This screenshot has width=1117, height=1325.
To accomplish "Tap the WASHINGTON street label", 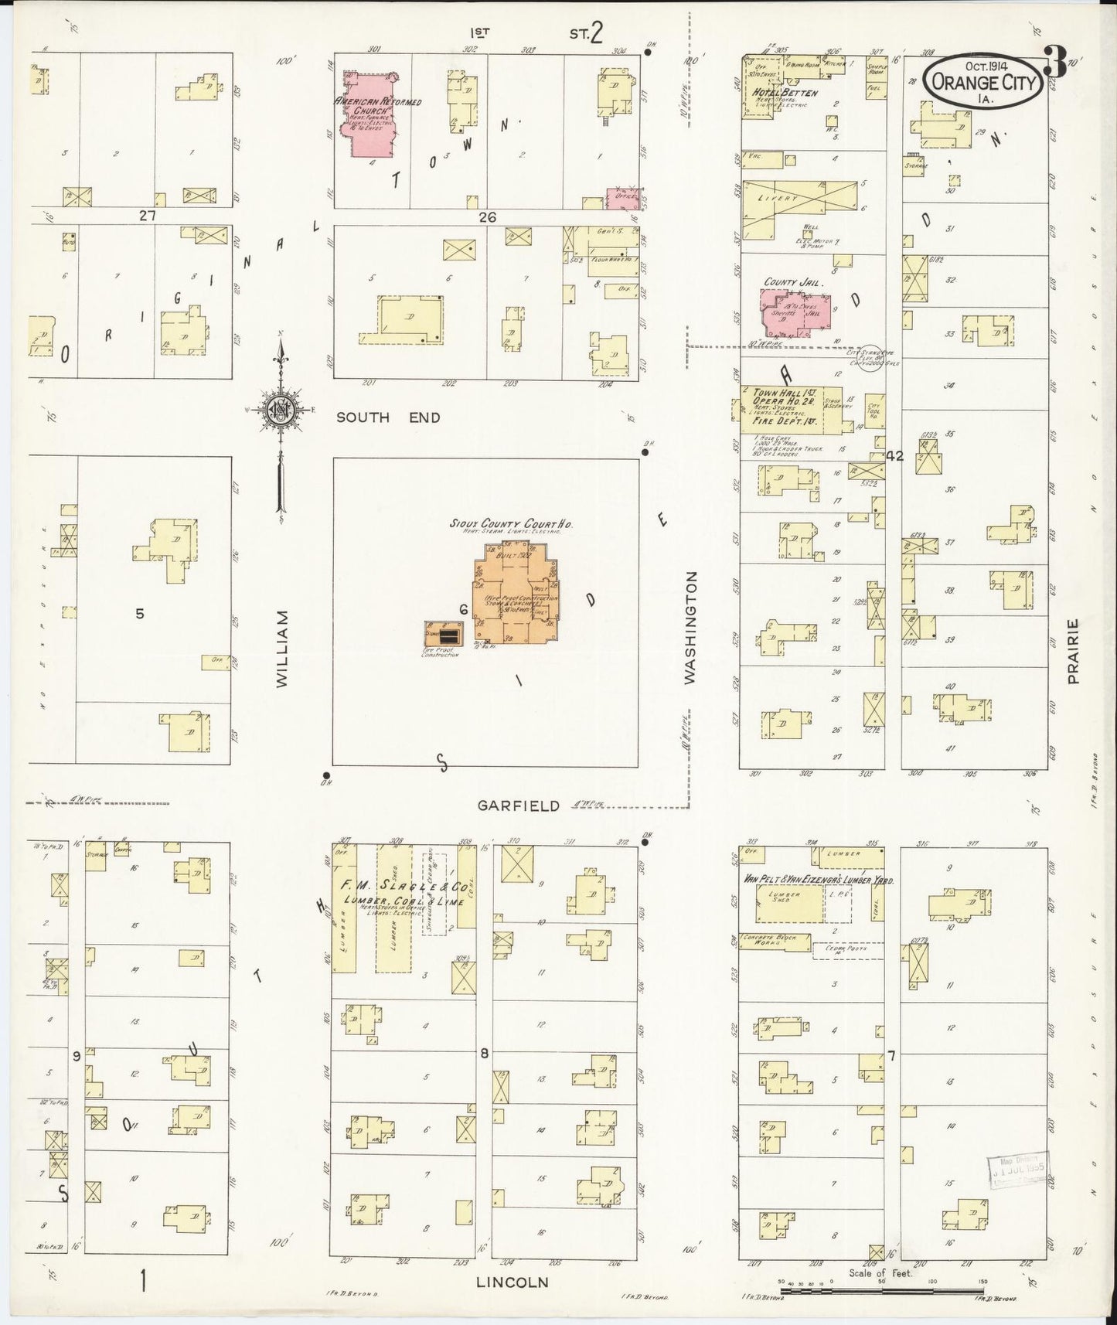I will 690,627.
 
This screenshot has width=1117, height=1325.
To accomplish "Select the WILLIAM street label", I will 282,649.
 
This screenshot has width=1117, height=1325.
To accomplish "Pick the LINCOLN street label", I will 512,1282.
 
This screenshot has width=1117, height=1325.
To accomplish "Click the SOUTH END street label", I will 388,417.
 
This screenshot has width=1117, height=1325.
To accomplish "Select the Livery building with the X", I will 800,199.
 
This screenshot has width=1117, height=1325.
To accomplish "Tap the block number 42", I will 895,456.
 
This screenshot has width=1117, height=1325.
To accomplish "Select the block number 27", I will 148,216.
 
